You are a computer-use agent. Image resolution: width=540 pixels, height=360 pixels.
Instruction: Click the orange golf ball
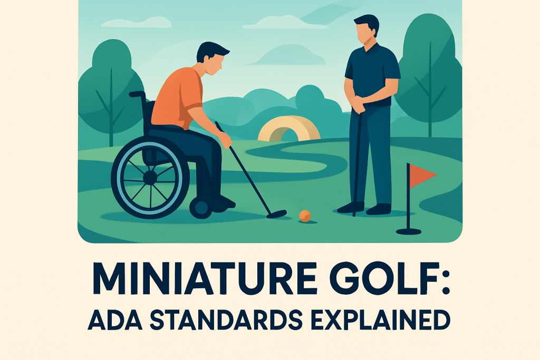305,216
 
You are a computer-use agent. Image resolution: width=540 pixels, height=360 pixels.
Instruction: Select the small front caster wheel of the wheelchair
200,208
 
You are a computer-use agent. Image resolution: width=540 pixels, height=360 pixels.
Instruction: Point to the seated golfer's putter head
276,214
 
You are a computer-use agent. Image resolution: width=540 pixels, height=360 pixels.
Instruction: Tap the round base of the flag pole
409,231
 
